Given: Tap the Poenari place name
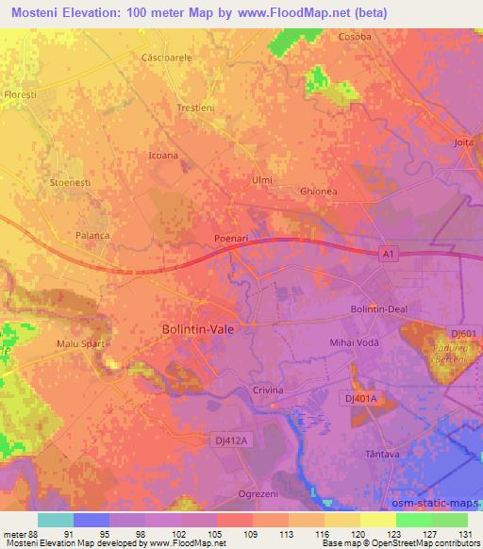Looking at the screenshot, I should click(x=231, y=239).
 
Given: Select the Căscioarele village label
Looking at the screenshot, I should click(x=165, y=58).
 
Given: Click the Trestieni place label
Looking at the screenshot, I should click(x=196, y=108).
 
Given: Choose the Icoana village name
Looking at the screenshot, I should click(x=163, y=154).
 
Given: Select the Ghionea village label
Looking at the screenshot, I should click(x=318, y=191).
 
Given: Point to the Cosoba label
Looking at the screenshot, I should click(x=355, y=37).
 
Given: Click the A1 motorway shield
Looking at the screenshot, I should click(x=388, y=255).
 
